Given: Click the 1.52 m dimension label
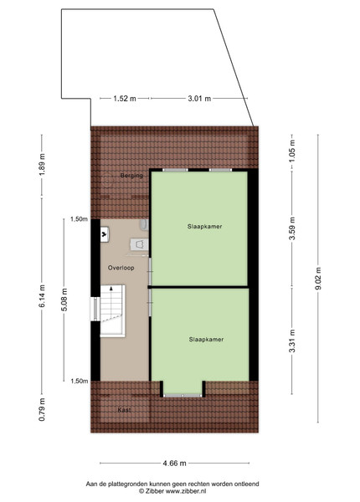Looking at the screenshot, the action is click(x=125, y=99).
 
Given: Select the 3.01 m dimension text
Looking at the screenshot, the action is click(x=199, y=99).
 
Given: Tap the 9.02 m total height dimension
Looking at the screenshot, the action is click(x=318, y=279).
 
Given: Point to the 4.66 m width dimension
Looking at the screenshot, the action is click(x=174, y=463).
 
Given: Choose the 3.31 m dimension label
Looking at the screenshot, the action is click(x=292, y=341).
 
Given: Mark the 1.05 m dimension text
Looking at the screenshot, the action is click(x=292, y=151).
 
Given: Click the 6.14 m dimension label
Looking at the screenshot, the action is click(x=42, y=296).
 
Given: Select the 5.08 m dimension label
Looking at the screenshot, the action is click(x=64, y=300).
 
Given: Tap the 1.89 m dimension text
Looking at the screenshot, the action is click(x=42, y=165).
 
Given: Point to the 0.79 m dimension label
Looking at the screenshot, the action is click(x=42, y=409).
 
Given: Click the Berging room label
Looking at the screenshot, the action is click(x=131, y=176).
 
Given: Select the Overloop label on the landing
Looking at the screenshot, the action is click(x=121, y=268).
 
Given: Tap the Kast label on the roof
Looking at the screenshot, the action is click(x=124, y=410).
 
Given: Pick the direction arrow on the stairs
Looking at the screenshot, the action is click(x=111, y=289).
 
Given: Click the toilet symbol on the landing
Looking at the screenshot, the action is click(x=140, y=245).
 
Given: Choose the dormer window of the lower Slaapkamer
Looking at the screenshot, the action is click(x=183, y=396).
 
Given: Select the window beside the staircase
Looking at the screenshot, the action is click(x=95, y=309).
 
